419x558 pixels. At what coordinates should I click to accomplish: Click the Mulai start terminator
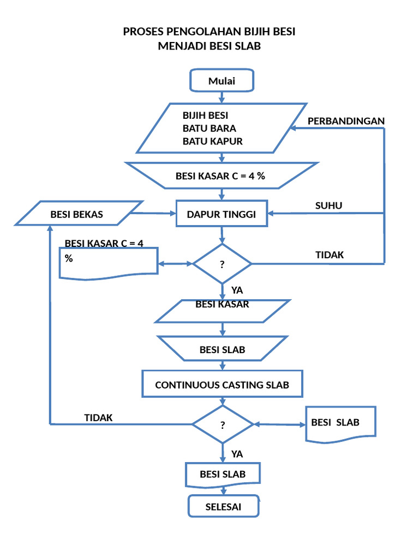coord(222,81)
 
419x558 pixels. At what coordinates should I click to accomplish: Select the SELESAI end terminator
coord(223,507)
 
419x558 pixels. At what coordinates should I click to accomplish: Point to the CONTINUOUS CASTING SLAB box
coord(222,385)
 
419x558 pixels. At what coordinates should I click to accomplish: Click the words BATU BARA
coord(209,129)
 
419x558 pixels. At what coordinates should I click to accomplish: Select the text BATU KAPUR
coord(212,141)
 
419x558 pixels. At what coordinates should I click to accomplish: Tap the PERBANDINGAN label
coord(346,120)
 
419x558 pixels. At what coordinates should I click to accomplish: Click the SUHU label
coord(329,205)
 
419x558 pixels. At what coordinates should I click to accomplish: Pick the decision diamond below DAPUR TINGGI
coord(222,264)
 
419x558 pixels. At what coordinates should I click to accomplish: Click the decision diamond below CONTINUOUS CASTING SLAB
coord(223,424)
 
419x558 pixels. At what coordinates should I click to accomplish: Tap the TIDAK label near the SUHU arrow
coord(330,254)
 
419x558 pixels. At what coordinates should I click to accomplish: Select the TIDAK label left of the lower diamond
coord(98,417)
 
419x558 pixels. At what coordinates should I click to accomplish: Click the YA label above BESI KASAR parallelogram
coord(237,290)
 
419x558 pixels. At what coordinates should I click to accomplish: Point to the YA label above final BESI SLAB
coord(237,453)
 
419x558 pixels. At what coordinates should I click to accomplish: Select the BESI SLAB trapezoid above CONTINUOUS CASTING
coord(222,349)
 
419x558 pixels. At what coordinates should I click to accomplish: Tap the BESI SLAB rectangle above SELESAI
coord(223,474)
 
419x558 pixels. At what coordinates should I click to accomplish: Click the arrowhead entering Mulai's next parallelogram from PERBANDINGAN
coord(293,128)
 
